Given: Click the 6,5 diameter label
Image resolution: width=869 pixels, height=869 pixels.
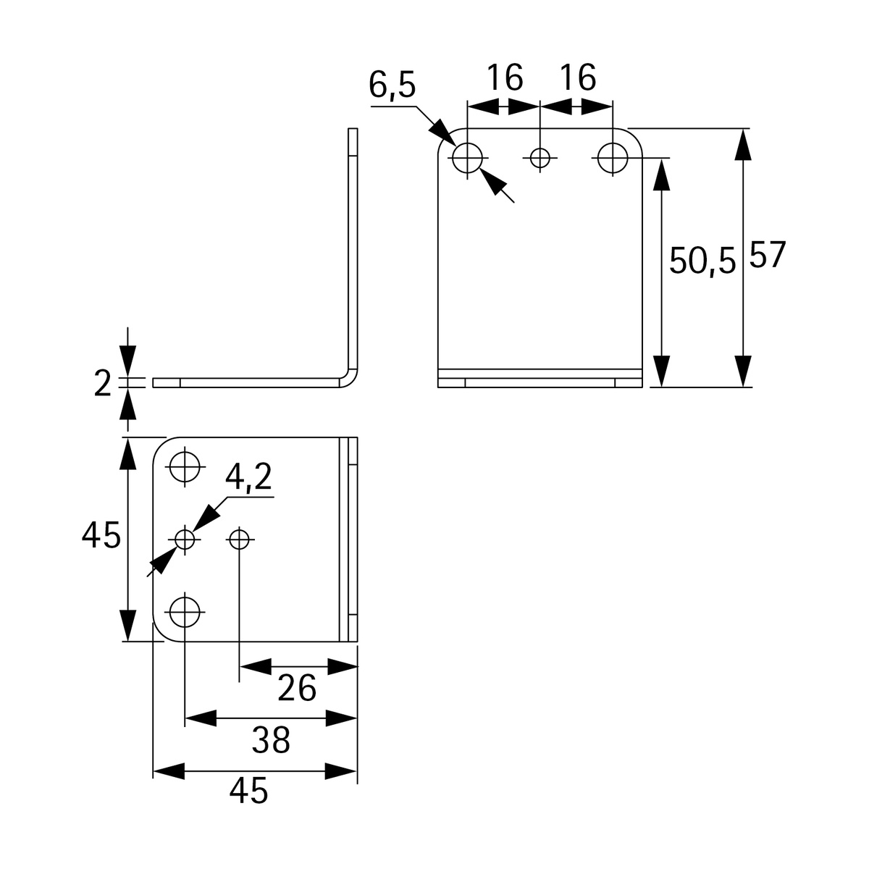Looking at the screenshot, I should click(392, 85).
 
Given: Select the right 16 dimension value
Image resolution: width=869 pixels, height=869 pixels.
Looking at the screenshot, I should click(577, 77).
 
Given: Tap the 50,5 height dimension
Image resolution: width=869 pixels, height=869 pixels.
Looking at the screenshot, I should click(701, 261).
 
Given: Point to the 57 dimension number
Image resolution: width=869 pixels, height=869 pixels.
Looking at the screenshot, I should click(767, 256).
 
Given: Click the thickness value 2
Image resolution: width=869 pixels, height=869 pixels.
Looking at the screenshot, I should click(103, 384).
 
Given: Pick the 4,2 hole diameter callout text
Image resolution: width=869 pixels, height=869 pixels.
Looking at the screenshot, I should click(248, 478).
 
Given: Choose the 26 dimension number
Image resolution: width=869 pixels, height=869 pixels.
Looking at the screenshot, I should click(298, 688).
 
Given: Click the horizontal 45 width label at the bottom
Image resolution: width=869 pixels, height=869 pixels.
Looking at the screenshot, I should click(249, 791).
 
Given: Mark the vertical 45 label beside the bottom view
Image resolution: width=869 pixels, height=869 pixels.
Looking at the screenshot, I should click(101, 537).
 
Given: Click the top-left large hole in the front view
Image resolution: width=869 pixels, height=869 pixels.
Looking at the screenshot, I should click(468, 157).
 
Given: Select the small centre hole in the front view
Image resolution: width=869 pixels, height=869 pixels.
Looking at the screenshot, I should click(540, 157).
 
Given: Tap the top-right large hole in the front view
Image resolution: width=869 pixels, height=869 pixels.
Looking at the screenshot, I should click(613, 157).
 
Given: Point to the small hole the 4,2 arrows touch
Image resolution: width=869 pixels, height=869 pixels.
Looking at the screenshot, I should click(185, 539).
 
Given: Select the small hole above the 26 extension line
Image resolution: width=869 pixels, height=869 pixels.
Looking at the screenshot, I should click(239, 539).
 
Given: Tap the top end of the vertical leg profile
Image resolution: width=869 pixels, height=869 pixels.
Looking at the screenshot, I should click(353, 132).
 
